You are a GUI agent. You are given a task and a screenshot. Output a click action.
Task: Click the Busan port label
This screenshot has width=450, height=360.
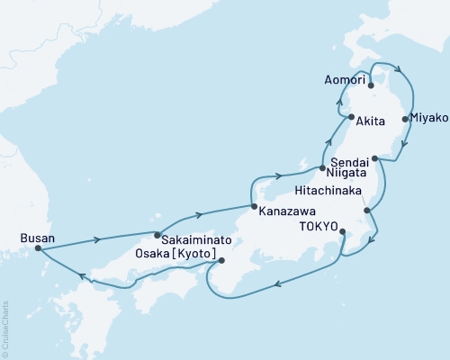point(37,238)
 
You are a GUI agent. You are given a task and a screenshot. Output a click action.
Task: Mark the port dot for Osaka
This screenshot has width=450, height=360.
point(221,262)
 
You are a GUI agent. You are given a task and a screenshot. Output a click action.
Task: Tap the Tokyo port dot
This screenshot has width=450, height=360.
point(344,231)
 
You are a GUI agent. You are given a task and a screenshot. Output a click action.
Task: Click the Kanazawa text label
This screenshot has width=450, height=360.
point(287,214)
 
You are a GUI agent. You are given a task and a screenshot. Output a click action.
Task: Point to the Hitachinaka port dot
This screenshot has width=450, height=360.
point(367,210)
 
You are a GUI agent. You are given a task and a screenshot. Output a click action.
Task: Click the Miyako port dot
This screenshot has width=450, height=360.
point(405,118)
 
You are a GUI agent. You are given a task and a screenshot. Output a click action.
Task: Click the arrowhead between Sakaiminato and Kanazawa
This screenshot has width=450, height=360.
point(195,214)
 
